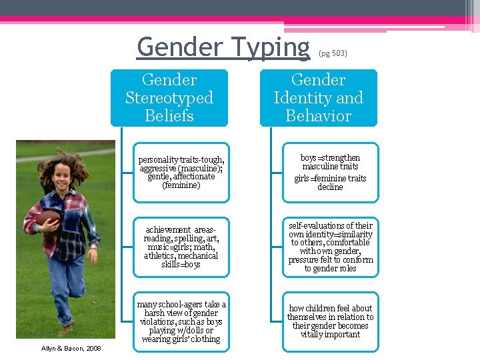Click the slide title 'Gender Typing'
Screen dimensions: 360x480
pyautogui.click(x=223, y=47)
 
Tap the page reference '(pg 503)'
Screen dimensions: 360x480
pyautogui.click(x=333, y=53)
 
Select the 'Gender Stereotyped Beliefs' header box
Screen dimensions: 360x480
pyautogui.click(x=169, y=98)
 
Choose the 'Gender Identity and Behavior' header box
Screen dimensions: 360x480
pyautogui.click(x=318, y=98)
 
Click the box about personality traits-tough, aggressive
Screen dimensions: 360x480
pyautogui.click(x=181, y=173)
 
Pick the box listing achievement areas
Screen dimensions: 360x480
pyautogui.click(x=181, y=247)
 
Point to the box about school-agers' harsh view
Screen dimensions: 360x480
pyautogui.click(x=181, y=322)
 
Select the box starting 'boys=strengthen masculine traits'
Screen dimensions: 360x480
pyautogui.click(x=330, y=173)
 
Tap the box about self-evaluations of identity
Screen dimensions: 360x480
pyautogui.click(x=330, y=247)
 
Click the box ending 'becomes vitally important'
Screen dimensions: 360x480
pyautogui.click(x=330, y=322)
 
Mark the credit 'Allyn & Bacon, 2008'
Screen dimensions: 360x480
pyautogui.click(x=71, y=349)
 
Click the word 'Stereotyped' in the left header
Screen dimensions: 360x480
pyautogui.click(x=169, y=98)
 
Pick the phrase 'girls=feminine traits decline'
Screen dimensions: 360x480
pyautogui.click(x=330, y=183)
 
